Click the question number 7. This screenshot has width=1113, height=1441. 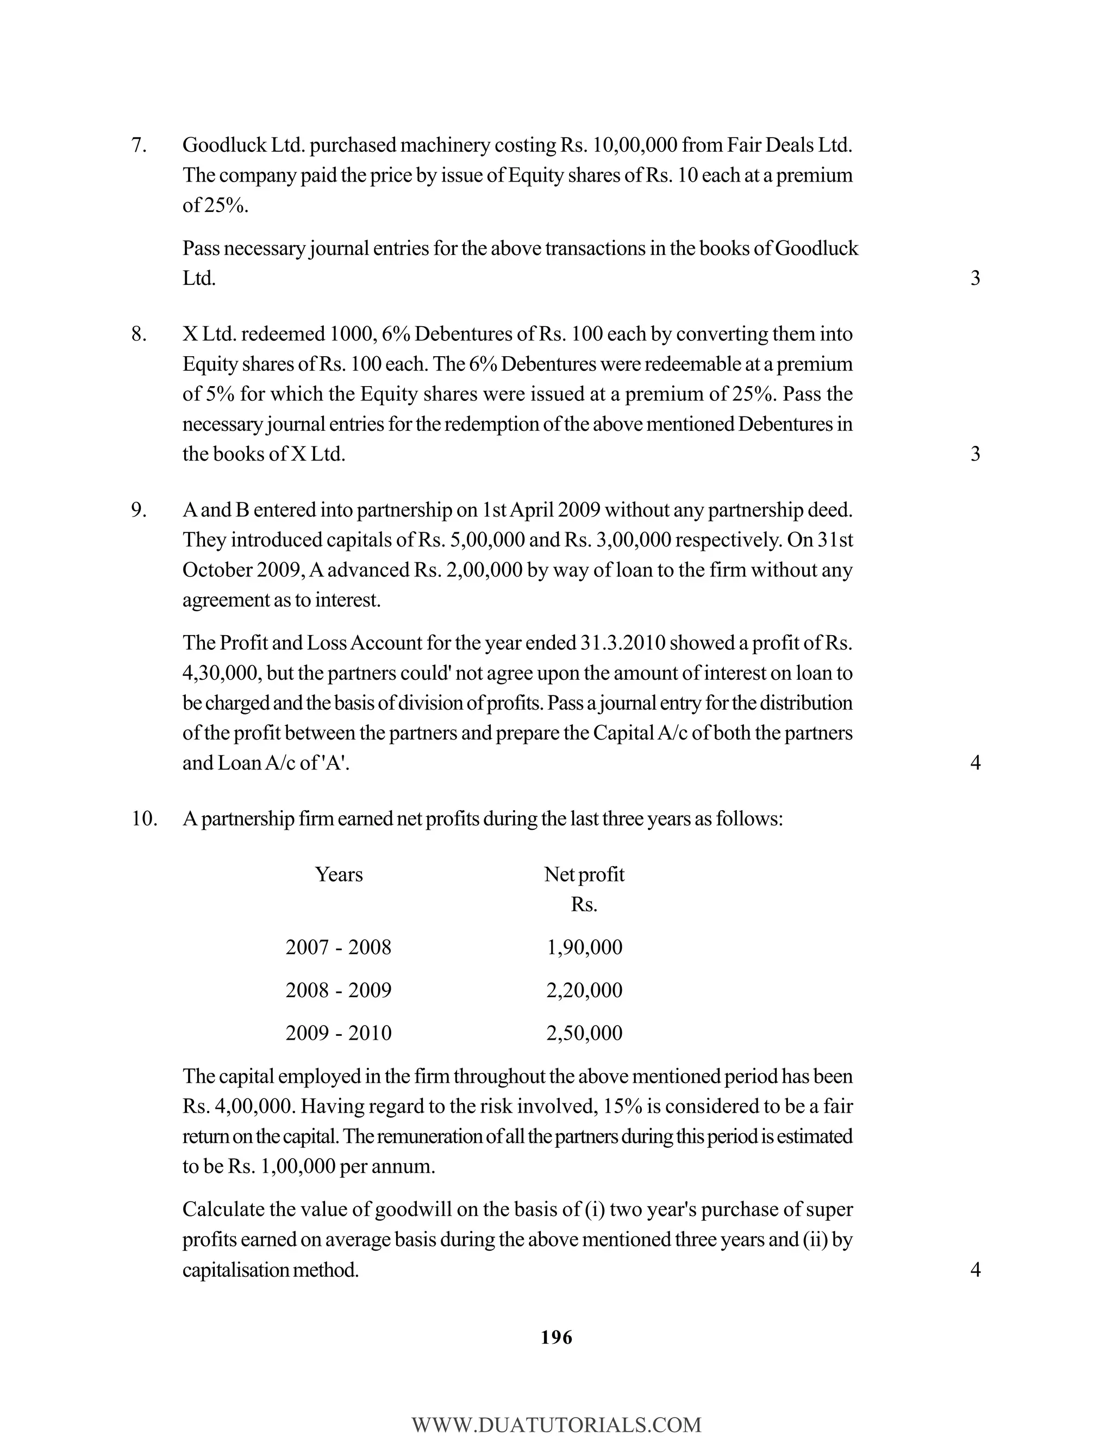pos(139,145)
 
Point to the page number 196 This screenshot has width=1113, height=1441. pos(556,1338)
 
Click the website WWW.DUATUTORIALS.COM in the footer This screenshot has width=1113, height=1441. pos(556,1425)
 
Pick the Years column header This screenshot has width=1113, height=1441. pos(338,875)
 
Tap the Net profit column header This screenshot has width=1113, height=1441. pos(584,875)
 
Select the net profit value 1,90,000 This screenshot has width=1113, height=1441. pos(584,947)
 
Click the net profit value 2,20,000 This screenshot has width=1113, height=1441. pos(584,990)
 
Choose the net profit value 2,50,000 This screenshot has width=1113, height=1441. pos(584,1033)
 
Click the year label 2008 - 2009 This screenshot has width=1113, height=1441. pos(338,990)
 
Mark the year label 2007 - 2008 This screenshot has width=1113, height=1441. pos(338,947)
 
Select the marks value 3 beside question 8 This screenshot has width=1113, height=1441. pos(975,454)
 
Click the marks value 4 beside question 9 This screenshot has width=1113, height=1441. pos(975,763)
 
